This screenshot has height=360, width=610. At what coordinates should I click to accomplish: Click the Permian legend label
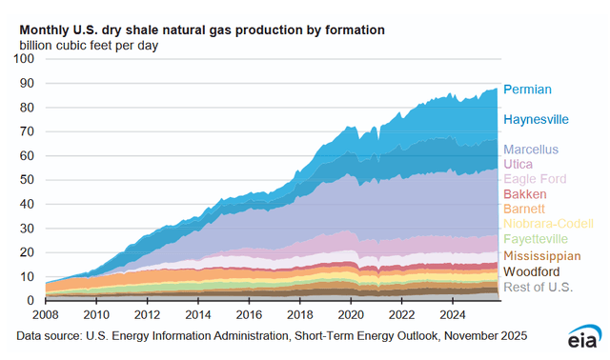(527, 90)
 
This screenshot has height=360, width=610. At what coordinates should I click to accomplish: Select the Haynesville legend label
(536, 120)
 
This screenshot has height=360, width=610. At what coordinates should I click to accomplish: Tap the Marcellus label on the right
(531, 150)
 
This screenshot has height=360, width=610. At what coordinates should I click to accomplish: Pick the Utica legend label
(518, 165)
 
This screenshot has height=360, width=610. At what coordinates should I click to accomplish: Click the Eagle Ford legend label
(535, 179)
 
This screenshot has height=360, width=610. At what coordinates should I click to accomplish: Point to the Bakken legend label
(523, 194)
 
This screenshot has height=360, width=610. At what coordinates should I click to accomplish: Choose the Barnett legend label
(523, 208)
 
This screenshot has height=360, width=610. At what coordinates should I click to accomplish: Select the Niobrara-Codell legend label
(548, 224)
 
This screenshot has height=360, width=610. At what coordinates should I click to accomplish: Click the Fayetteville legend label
(537, 238)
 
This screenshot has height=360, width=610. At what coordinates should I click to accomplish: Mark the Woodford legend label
(531, 272)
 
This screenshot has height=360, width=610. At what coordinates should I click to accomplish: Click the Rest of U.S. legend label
(537, 289)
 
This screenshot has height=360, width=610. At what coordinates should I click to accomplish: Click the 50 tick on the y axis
(29, 180)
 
